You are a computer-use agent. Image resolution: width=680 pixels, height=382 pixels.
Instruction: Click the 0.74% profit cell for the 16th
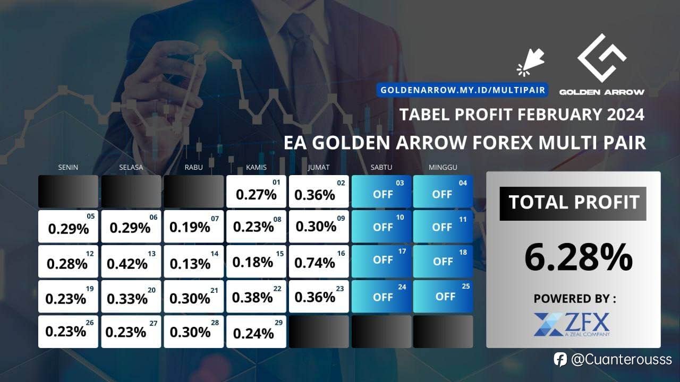(x=319, y=262)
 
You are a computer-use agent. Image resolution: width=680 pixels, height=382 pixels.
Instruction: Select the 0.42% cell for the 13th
(x=131, y=262)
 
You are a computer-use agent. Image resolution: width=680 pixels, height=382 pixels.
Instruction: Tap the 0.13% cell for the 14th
(x=194, y=262)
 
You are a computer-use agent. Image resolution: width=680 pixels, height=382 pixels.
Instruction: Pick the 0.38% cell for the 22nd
(x=256, y=296)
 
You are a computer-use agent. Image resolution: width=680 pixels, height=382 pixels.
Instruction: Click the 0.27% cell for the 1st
(x=256, y=192)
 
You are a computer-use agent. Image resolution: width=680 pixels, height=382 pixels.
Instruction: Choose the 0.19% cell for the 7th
(x=194, y=227)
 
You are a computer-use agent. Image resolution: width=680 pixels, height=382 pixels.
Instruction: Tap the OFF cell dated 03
(x=381, y=192)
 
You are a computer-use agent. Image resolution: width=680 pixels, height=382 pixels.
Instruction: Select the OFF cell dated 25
(x=443, y=296)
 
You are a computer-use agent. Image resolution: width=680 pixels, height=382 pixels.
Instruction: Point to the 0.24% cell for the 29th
(x=256, y=332)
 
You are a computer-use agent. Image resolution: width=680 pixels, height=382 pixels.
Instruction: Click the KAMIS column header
(x=256, y=167)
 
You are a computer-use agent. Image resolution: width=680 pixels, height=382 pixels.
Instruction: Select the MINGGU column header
(x=443, y=167)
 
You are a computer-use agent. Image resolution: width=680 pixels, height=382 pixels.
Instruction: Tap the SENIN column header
(x=68, y=167)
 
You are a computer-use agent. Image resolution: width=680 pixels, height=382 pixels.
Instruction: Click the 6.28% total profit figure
(x=579, y=257)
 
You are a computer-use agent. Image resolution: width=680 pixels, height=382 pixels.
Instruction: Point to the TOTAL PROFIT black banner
(x=573, y=203)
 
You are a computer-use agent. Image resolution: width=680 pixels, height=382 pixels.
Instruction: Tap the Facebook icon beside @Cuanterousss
(x=560, y=360)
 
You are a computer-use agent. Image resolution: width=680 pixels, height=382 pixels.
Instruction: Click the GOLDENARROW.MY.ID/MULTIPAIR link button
(x=462, y=90)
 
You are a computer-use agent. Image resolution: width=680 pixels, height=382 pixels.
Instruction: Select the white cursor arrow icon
(x=531, y=62)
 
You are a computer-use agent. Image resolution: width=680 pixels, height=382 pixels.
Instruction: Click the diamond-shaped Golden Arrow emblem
(x=602, y=58)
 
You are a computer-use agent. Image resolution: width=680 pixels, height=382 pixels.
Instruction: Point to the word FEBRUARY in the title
(x=559, y=115)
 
